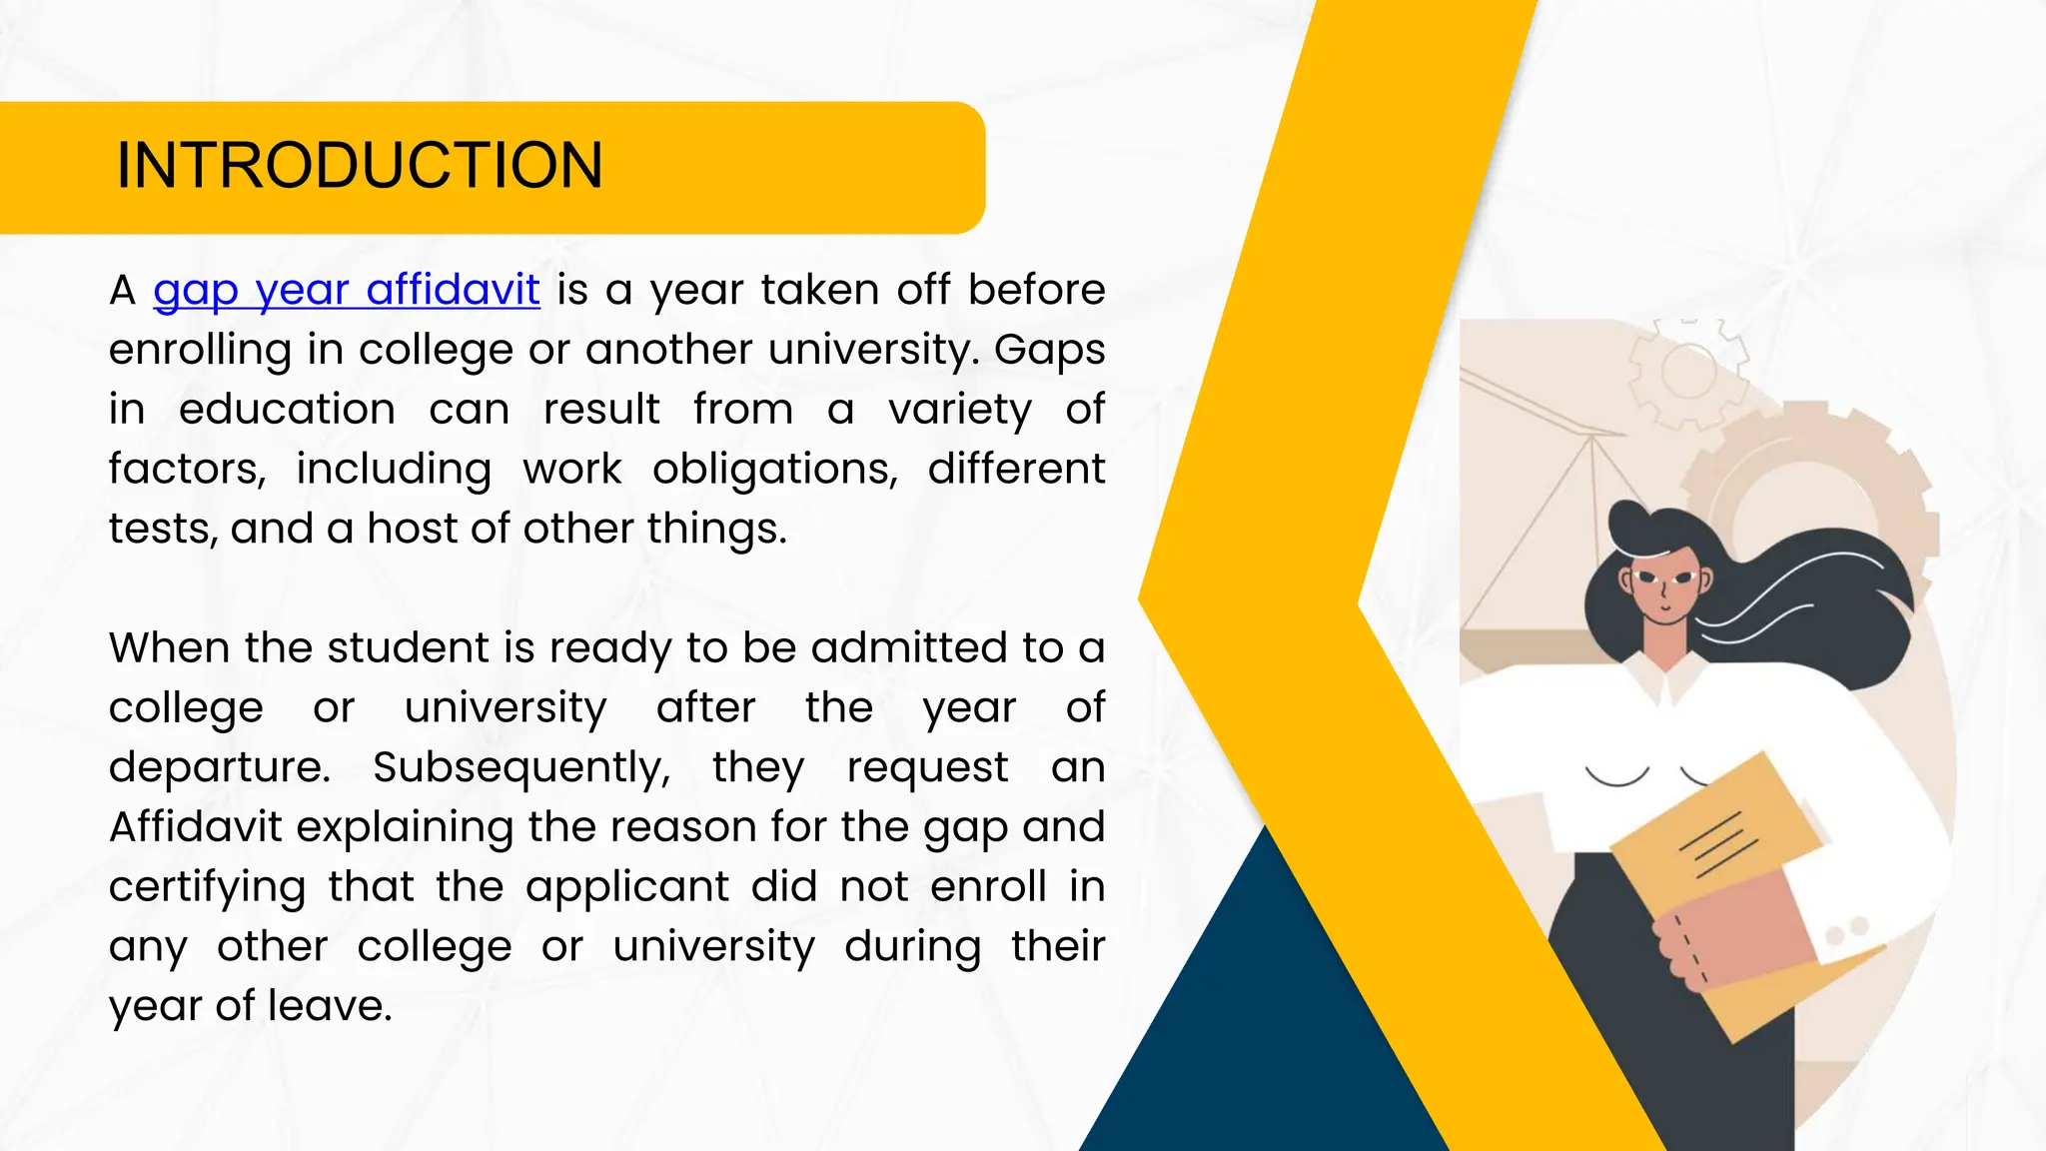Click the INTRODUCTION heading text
360,165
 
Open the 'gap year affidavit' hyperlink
347,291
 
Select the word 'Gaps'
1049,350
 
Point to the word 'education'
287,410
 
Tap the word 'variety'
960,411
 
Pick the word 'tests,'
163,529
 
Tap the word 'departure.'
219,767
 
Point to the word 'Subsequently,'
521,768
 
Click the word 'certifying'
207,888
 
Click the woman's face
1662,590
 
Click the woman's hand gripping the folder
1698,949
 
